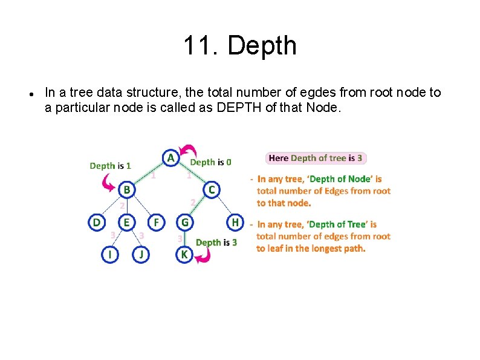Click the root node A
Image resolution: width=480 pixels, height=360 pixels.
point(171,158)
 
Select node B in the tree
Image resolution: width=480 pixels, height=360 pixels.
point(126,190)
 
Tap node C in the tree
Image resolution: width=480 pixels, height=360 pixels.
point(211,190)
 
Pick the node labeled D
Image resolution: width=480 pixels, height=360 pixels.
point(96,223)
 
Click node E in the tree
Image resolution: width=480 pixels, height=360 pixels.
point(126,223)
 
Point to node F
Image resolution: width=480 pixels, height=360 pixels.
point(156,223)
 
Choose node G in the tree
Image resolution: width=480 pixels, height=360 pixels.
point(185,223)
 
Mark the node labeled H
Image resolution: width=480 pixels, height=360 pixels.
point(235,223)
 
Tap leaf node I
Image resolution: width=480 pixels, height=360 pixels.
point(109,255)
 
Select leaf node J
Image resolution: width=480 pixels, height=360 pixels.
point(141,255)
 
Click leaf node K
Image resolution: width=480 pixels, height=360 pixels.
point(184,255)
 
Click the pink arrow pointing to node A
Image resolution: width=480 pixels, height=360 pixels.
point(190,149)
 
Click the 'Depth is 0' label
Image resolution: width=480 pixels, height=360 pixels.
point(210,162)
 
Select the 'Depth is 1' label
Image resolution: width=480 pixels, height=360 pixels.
point(110,165)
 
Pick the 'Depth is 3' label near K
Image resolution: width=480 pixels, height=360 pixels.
point(216,242)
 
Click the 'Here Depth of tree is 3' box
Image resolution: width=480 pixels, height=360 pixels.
point(316,158)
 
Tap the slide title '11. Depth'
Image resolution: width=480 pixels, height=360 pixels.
point(239,45)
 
